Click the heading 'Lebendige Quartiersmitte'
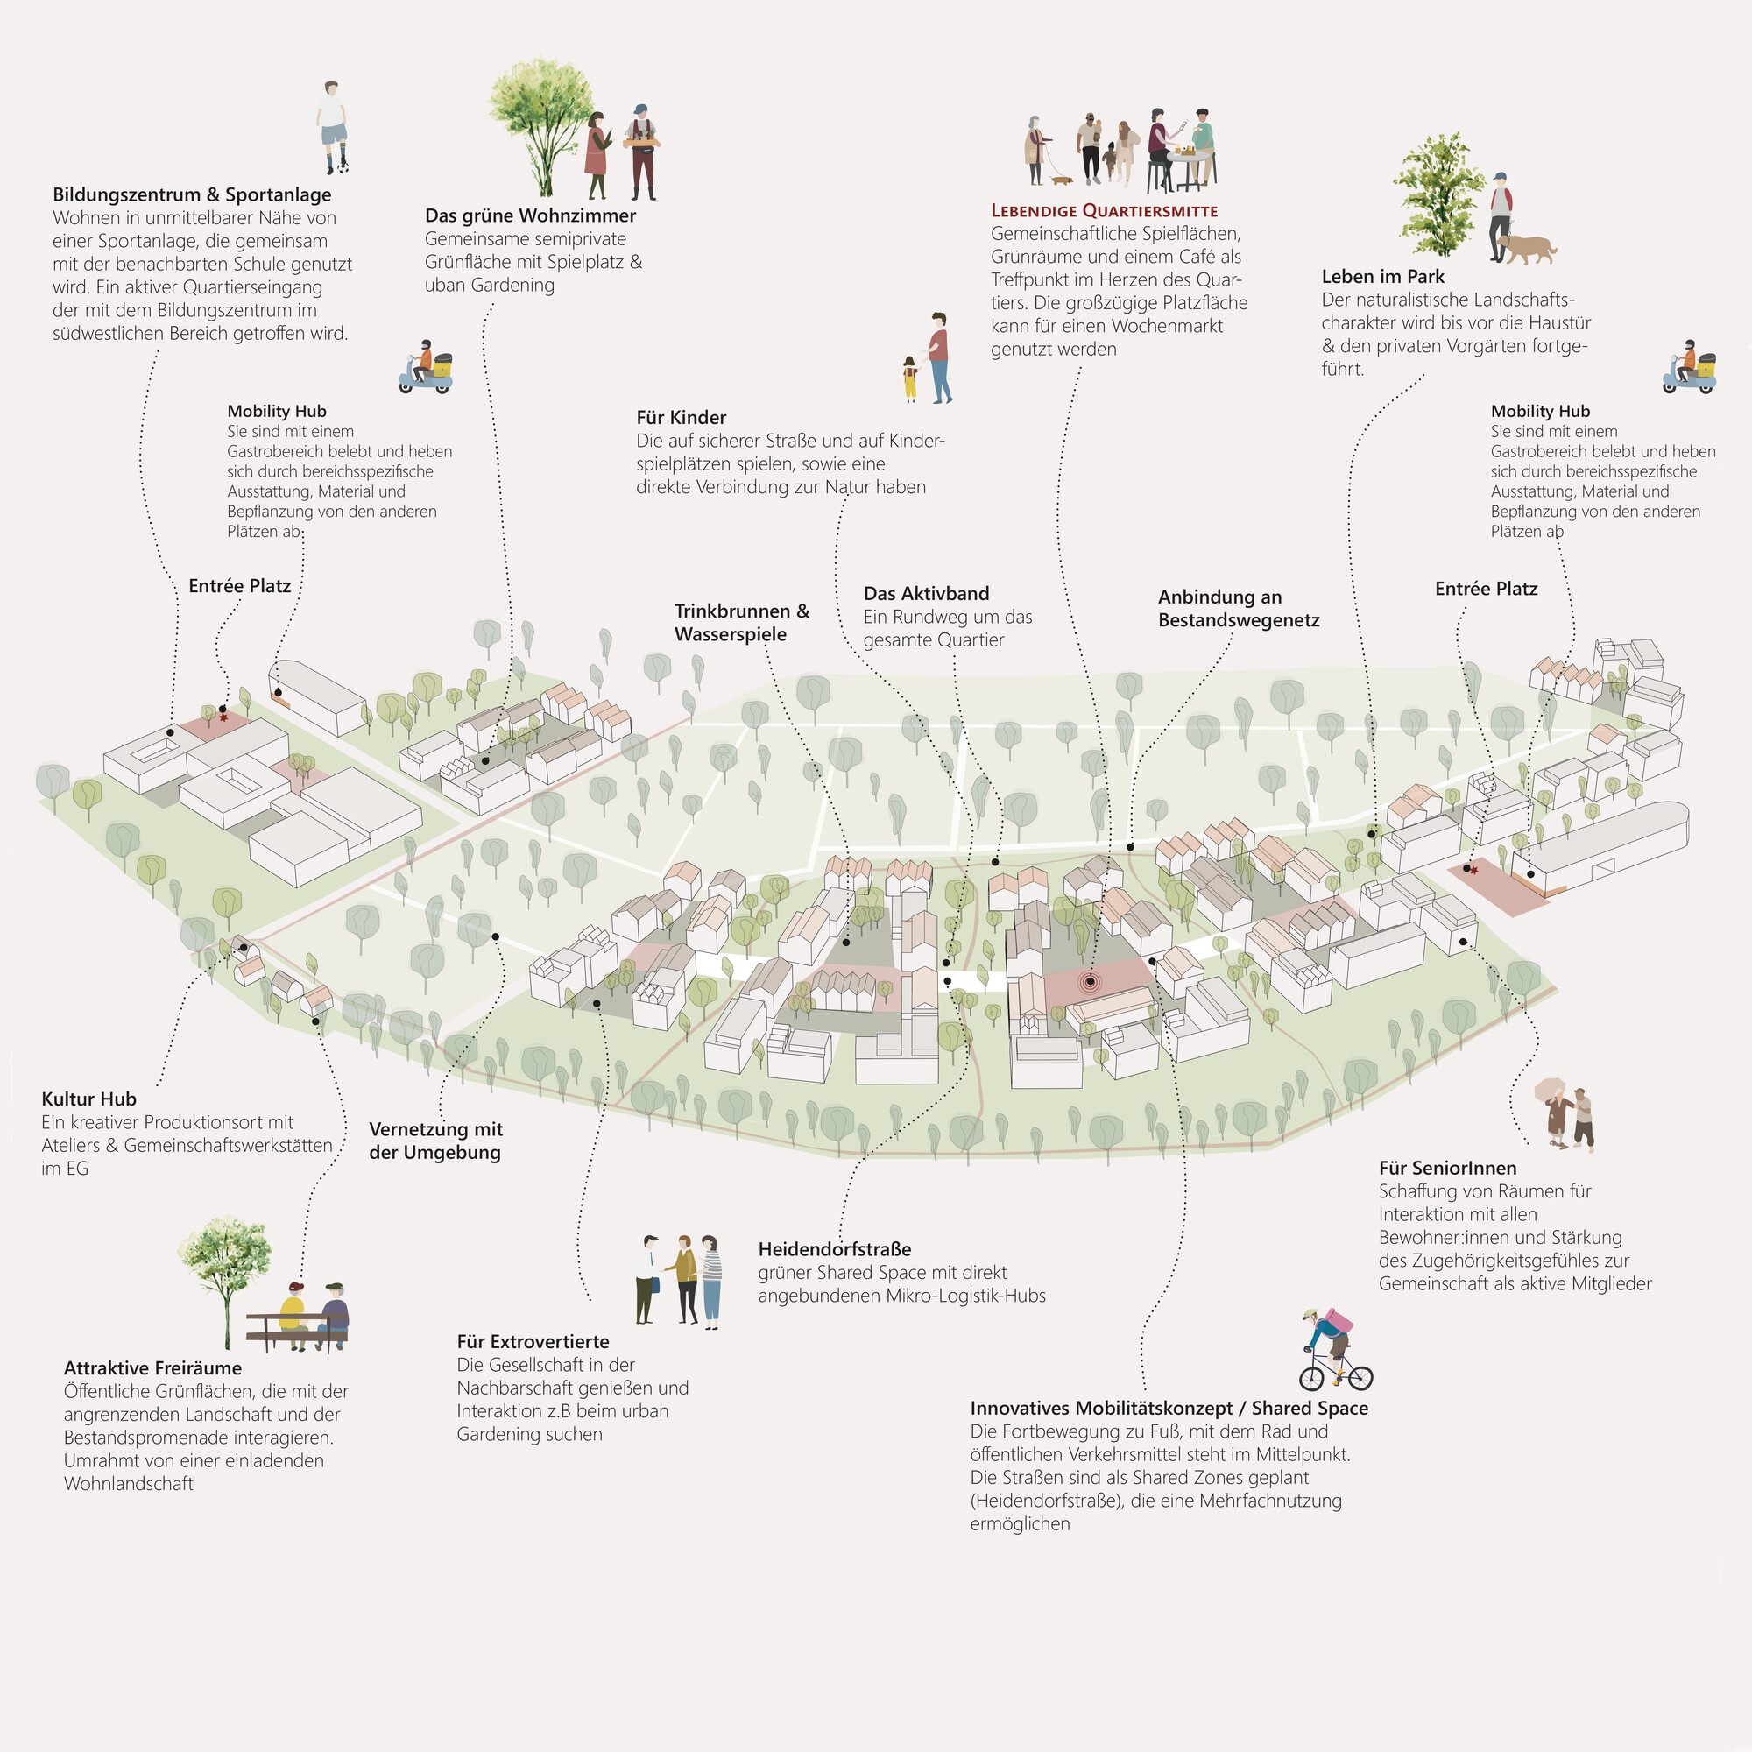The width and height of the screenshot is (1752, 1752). (x=1104, y=211)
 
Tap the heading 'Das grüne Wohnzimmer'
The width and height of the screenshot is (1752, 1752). (x=531, y=215)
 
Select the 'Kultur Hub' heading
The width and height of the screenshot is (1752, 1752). (x=88, y=1099)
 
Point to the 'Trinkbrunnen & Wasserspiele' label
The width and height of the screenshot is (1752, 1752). (x=742, y=622)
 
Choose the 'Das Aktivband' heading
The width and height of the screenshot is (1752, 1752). (x=926, y=594)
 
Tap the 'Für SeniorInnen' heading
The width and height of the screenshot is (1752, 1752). (x=1447, y=1168)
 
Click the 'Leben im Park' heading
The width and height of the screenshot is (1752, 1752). (x=1383, y=277)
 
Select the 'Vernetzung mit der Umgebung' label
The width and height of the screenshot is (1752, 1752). (x=435, y=1141)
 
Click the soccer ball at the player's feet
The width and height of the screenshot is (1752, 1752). (x=342, y=166)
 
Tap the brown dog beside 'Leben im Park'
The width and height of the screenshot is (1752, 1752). (x=1527, y=249)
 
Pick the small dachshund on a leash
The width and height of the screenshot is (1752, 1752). (x=1060, y=180)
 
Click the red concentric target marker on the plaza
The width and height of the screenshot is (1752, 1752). (x=1090, y=981)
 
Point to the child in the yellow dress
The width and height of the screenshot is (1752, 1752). (x=909, y=379)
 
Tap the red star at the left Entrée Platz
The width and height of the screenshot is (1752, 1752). (x=224, y=718)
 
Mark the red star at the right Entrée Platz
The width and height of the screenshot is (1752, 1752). (x=1473, y=871)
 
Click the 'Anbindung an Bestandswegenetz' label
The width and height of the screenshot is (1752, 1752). (x=1239, y=609)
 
